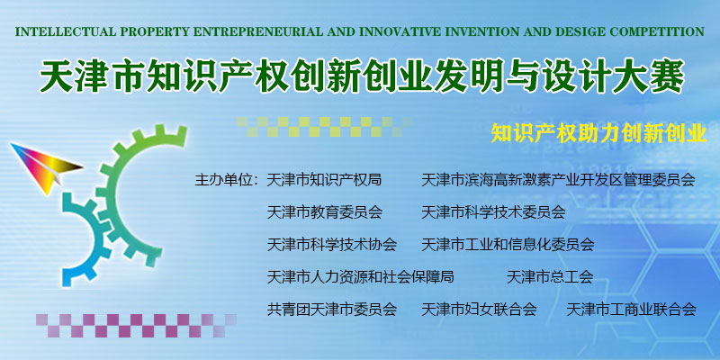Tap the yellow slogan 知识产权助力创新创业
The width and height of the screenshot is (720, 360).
click(598, 132)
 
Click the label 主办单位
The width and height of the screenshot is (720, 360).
click(223, 179)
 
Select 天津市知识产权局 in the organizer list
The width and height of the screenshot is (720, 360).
click(324, 179)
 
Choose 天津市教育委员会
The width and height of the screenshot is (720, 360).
click(324, 211)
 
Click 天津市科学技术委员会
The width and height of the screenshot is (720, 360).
click(493, 211)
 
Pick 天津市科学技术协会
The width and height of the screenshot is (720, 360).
click(331, 244)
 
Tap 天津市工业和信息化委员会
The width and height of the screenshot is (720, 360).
click(508, 244)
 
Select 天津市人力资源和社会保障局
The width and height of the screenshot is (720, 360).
click(361, 276)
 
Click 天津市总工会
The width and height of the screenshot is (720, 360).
click(550, 276)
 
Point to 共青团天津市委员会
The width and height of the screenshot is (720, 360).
click(331, 309)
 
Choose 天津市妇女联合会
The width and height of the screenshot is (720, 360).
click(479, 309)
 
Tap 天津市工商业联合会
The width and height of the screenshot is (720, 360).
click(632, 309)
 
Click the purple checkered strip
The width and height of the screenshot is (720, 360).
click(136, 325)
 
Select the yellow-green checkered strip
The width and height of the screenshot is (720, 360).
click(324, 126)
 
